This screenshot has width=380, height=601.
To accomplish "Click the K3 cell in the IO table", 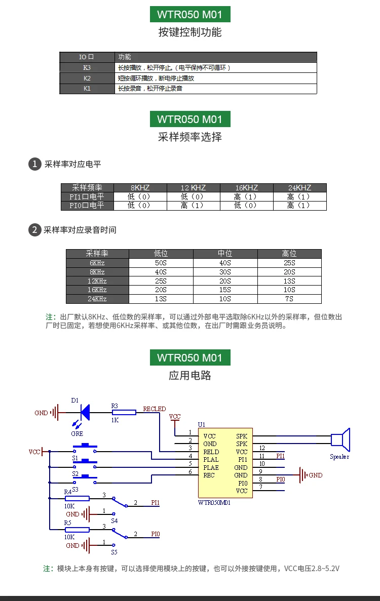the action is click(x=87, y=67).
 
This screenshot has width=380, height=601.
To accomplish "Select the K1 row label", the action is click(x=87, y=89).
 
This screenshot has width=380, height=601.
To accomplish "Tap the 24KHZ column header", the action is click(x=300, y=188).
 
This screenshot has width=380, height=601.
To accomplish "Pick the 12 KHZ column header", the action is click(x=193, y=188).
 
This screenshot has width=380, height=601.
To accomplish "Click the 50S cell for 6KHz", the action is click(x=161, y=263).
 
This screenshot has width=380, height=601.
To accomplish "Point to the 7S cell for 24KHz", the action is click(x=289, y=299).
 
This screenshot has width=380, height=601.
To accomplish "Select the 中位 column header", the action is click(x=225, y=254).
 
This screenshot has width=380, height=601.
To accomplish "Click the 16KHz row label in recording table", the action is click(x=97, y=290).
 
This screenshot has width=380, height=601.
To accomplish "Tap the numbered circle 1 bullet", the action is click(x=35, y=164).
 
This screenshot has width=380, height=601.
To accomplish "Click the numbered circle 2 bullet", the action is click(x=35, y=230).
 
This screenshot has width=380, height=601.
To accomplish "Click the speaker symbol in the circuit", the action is click(x=340, y=439).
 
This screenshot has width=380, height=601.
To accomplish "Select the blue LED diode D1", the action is click(x=85, y=413).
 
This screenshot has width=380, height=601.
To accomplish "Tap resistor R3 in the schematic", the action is click(x=124, y=413).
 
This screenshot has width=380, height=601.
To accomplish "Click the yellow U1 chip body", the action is click(x=225, y=463).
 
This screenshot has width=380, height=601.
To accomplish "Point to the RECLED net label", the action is click(x=155, y=409).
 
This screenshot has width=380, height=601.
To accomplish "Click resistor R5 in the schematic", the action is click(x=77, y=530).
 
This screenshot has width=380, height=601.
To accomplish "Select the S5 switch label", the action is click(x=115, y=552).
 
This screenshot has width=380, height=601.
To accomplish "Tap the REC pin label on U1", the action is click(x=209, y=475).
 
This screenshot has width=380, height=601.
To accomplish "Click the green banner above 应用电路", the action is click(x=190, y=357).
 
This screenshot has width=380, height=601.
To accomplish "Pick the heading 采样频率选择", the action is click(x=190, y=137).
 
